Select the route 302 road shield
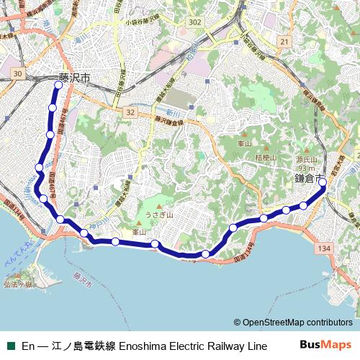[194, 23]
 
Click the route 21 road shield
[285, 42]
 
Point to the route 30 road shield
[19, 73]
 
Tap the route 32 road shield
[130, 112]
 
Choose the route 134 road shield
[324, 248]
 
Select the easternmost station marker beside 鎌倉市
[323, 182]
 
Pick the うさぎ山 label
[156, 215]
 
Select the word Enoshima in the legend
[143, 346]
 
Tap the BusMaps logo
[325, 345]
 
